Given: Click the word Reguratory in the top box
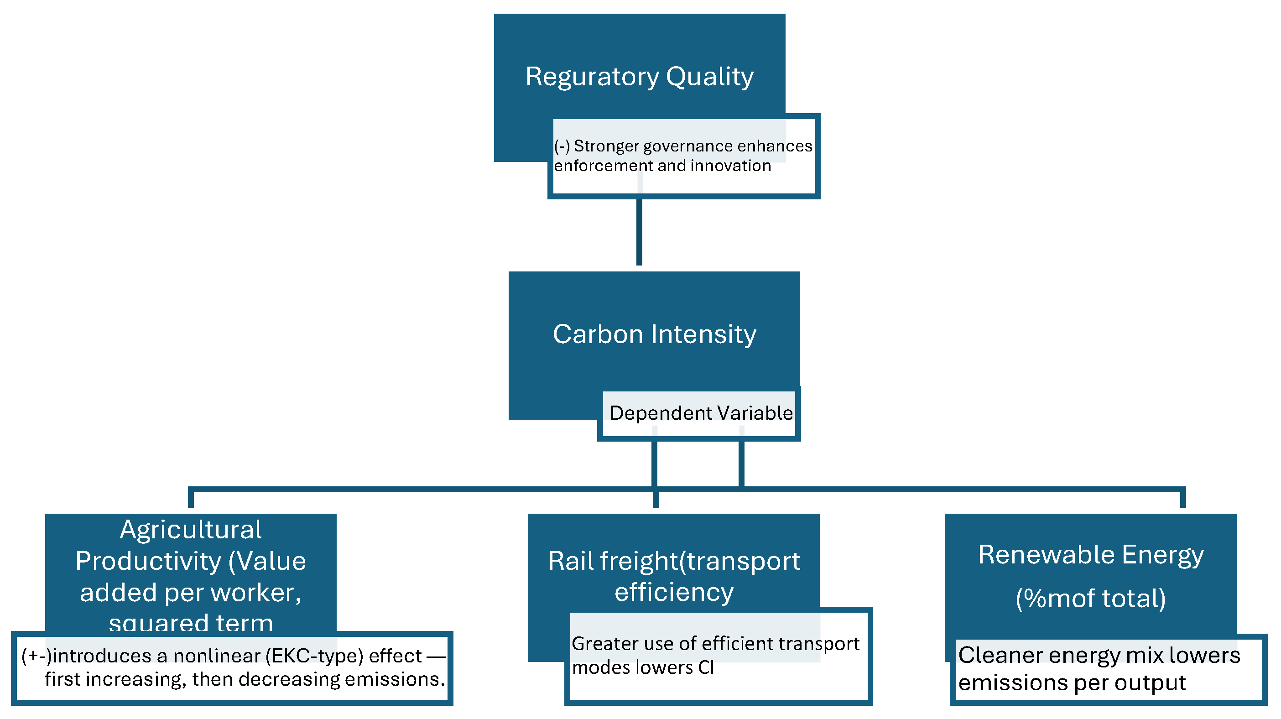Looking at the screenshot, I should click(592, 77).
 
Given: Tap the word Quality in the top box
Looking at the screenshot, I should click(710, 77).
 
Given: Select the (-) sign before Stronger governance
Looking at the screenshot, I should click(562, 146).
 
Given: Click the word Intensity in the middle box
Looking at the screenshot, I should click(703, 334).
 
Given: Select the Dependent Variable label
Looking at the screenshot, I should click(701, 413).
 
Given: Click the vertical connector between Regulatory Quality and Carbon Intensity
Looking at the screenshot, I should click(639, 231).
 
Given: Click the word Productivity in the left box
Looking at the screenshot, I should click(148, 562).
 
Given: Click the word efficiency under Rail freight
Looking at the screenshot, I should click(674, 592).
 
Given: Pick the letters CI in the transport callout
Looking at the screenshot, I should click(706, 668).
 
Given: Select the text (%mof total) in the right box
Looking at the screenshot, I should click(1091, 598).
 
